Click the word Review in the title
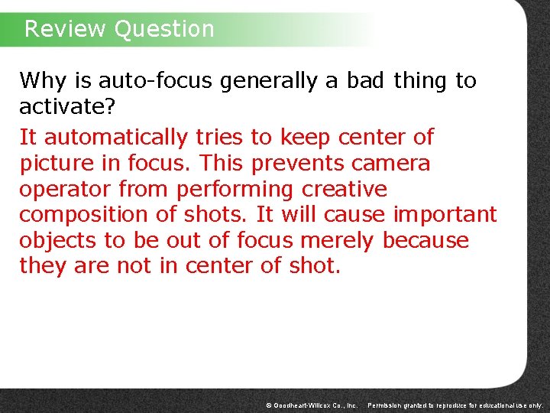(65, 29)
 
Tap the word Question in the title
(163, 29)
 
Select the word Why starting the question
(39, 80)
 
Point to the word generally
(269, 80)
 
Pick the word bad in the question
(366, 80)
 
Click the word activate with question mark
(67, 106)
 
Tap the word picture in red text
(57, 164)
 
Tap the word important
(445, 215)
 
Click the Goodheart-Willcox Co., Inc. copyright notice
(311, 404)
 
